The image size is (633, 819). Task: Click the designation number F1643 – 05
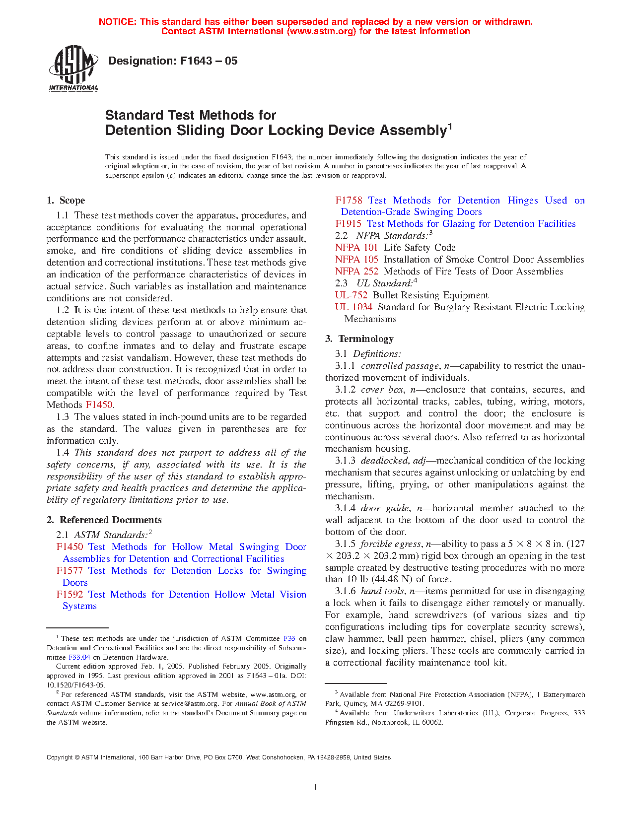pyautogui.click(x=173, y=61)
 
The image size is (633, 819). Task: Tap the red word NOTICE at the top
pyautogui.click(x=117, y=22)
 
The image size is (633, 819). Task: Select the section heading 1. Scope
pyautogui.click(x=66, y=201)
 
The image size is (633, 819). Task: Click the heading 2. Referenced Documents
pyautogui.click(x=104, y=520)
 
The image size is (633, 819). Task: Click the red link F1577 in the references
pyautogui.click(x=69, y=571)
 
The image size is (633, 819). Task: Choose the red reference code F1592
pyautogui.click(x=70, y=595)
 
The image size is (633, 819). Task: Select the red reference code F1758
pyautogui.click(x=349, y=201)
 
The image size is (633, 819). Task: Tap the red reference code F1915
pyautogui.click(x=348, y=224)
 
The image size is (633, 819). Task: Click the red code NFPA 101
pyautogui.click(x=356, y=248)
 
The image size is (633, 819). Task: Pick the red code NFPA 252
pyautogui.click(x=356, y=272)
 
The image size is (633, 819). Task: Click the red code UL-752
pyautogui.click(x=351, y=295)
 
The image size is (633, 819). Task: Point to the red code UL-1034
pyautogui.click(x=353, y=307)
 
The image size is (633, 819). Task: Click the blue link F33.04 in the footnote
pyautogui.click(x=79, y=657)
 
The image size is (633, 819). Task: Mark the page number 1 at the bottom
pyautogui.click(x=316, y=786)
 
